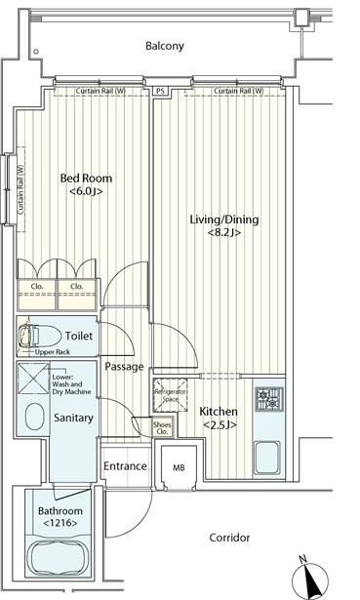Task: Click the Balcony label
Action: [x=165, y=46]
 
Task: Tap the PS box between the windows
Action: [x=160, y=91]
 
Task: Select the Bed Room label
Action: [x=86, y=179]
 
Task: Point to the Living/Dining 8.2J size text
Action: [x=224, y=232]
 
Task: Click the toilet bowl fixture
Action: [x=40, y=336]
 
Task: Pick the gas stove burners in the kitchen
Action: [x=269, y=399]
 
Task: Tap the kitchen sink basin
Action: [x=267, y=458]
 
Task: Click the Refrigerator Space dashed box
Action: [x=171, y=395]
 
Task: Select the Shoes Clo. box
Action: [x=162, y=427]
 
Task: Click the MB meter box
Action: [x=179, y=467]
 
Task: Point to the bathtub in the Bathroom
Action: [x=60, y=557]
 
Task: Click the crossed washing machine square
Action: [x=33, y=379]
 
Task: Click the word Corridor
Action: [x=229, y=538]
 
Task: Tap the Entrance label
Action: [x=125, y=466]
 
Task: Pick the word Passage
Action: [x=124, y=367]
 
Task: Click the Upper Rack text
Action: [x=53, y=352]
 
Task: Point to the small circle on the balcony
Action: [x=36, y=52]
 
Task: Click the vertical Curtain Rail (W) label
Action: [x=20, y=190]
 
